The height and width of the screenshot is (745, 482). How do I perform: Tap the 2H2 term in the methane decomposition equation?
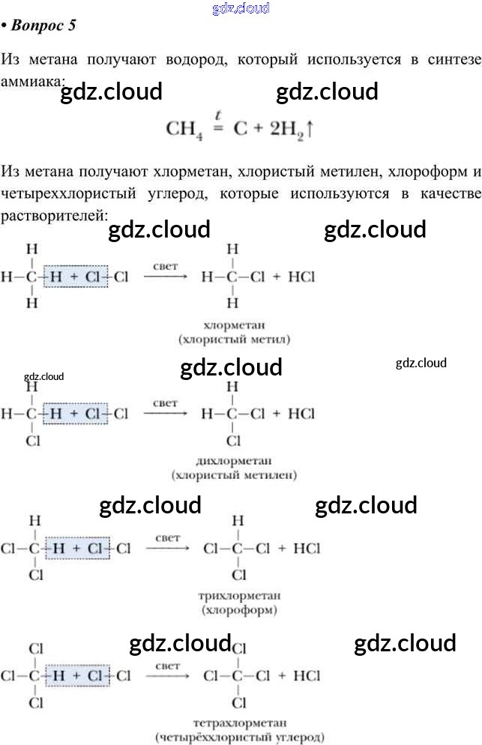pyautogui.click(x=284, y=129)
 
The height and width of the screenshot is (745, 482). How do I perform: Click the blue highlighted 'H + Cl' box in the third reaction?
pyautogui.click(x=78, y=549)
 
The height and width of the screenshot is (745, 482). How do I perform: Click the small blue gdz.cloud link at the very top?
pyautogui.click(x=241, y=8)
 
